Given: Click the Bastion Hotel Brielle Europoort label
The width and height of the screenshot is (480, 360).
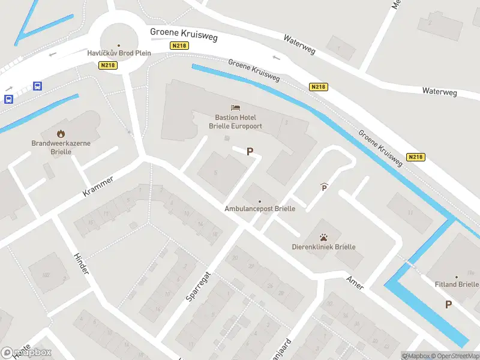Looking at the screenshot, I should coord(239,122).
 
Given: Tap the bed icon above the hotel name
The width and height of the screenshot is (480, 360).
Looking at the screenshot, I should coord(236,107).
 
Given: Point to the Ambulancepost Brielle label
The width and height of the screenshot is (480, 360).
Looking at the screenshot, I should coord(259,209).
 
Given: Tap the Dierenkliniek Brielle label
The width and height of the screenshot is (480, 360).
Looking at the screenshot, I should coord(323,247).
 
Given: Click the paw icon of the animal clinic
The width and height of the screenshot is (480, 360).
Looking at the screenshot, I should coord(323,236).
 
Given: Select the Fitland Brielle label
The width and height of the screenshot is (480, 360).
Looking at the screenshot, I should coord(458,284).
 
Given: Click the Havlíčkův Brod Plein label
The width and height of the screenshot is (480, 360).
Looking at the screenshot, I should coord(118,53).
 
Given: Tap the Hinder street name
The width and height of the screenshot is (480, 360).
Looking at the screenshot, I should coord(80,264).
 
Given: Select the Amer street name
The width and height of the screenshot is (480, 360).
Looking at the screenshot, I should coord(355,283).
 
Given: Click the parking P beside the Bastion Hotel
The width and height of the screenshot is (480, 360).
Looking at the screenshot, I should coord(250,152).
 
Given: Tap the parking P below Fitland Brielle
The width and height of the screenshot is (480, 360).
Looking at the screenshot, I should coord(448,305).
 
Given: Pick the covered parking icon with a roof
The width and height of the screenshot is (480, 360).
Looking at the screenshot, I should coord(324,188).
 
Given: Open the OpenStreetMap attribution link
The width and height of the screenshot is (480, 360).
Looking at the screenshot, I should coord(454,356).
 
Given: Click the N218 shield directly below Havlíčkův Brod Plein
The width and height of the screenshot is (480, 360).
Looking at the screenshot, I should coord(108,65).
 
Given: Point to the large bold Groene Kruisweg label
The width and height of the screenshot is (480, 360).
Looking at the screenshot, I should coord(183,34).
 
